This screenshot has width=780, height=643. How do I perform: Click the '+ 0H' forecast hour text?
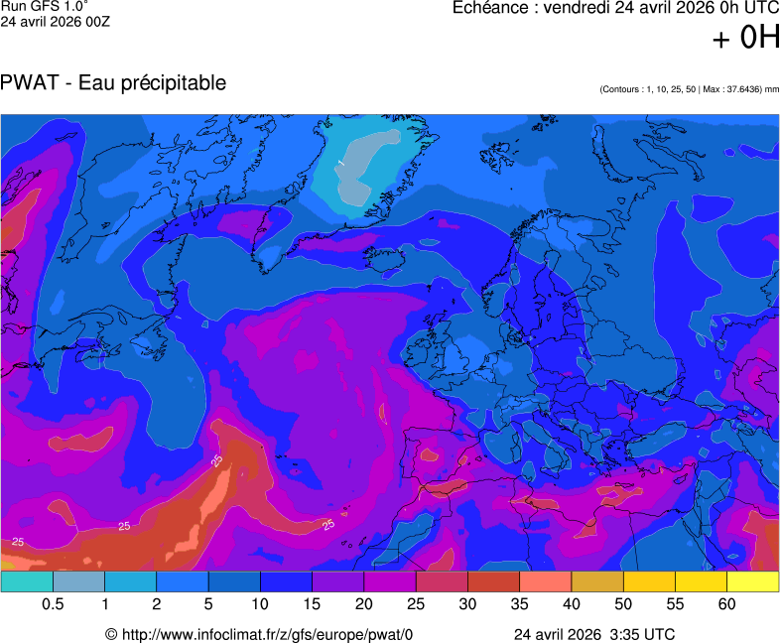coord(746,38)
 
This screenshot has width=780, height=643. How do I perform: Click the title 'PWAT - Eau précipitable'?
coord(114,83)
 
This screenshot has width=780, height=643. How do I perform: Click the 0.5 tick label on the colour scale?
coord(53,604)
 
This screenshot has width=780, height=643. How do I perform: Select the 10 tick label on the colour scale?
coord(260,604)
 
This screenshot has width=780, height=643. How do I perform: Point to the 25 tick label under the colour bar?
coord(416,604)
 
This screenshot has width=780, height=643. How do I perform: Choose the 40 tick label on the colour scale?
coord(572,604)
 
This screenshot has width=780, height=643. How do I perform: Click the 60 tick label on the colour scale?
coord(726,604)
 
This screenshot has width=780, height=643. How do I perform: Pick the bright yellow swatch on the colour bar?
coord(752,581)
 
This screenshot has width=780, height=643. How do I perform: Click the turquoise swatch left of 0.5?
coord(27,581)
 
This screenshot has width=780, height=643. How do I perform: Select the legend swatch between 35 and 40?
coord(545,581)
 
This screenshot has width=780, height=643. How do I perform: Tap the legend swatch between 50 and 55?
coord(649,581)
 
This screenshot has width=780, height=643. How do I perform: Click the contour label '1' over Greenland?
coord(339,163)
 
